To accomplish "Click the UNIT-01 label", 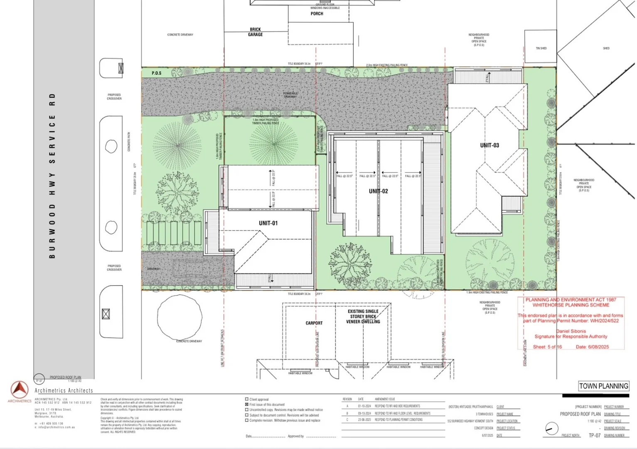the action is click(268, 223).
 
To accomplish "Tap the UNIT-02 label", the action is click(378, 191).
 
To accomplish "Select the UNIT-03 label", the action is click(489, 145).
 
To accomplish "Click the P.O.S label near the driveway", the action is click(156, 73).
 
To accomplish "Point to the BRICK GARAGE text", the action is click(255, 32).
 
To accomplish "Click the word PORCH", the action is click(317, 14).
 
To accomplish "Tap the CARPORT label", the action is click(314, 323).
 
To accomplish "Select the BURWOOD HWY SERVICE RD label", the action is click(52, 175).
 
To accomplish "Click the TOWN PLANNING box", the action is click(603, 386).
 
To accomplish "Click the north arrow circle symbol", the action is click(551, 428).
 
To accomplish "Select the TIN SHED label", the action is click(541, 48).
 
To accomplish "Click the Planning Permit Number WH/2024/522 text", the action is click(571, 321).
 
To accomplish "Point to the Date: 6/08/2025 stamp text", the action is click(592, 347).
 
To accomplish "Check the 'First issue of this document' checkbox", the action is click(247, 404).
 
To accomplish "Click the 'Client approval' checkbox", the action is click(247, 399).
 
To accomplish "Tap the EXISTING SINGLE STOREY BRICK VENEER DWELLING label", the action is click(363, 316).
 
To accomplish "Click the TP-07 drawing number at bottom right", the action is click(594, 435).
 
